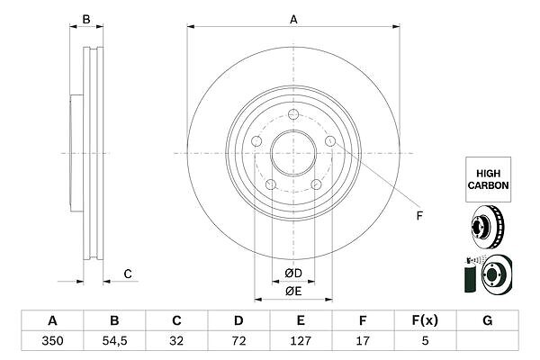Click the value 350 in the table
pyautogui.click(x=52, y=341)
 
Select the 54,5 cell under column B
pyautogui.click(x=114, y=341)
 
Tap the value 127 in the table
pyautogui.click(x=301, y=341)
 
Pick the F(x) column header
pyautogui.click(x=425, y=320)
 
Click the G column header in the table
pyautogui.click(x=487, y=320)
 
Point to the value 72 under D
pyautogui.click(x=238, y=341)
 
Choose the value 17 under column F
pyautogui.click(x=363, y=341)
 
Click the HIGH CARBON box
pyautogui.click(x=489, y=179)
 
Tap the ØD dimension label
pyautogui.click(x=293, y=274)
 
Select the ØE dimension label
pyautogui.click(x=293, y=292)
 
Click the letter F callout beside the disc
pyautogui.click(x=419, y=216)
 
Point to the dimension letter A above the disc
pyautogui.click(x=293, y=20)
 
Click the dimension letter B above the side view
pyautogui.click(x=86, y=20)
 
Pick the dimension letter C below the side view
pyautogui.click(x=128, y=274)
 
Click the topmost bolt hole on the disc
pyautogui.click(x=293, y=114)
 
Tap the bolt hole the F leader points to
pyautogui.click(x=330, y=141)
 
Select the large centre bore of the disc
pyautogui.click(x=293, y=153)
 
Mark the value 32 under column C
pyautogui.click(x=176, y=341)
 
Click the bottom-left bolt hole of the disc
pyautogui.click(x=271, y=184)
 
